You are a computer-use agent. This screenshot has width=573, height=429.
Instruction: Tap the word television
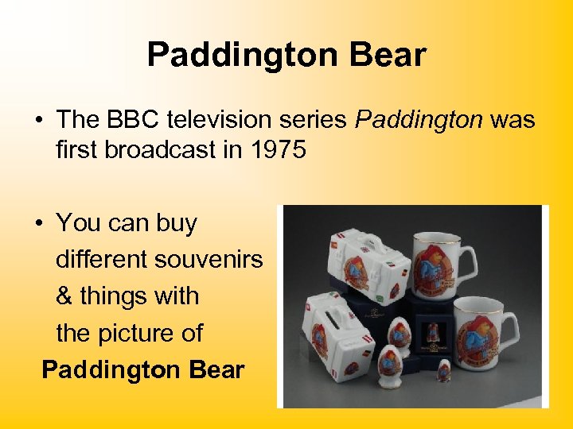[x=223, y=119]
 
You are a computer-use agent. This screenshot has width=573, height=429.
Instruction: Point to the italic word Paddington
[x=419, y=119]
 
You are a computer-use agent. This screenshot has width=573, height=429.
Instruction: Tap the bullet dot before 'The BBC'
[x=38, y=121]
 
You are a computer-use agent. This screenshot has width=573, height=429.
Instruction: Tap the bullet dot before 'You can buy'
[x=38, y=224]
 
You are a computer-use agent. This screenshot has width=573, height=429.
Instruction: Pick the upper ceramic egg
[x=399, y=333]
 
